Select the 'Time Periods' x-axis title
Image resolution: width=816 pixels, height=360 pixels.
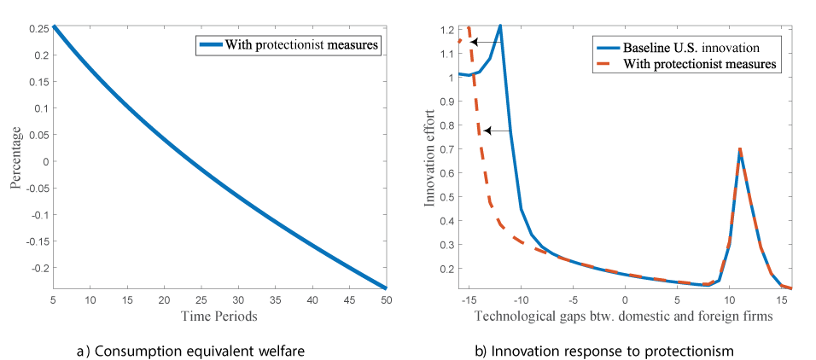pos(219,316)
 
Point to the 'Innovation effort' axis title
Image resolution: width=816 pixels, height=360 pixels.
pos(429,158)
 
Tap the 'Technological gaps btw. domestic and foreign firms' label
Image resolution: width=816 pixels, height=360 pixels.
pos(625,316)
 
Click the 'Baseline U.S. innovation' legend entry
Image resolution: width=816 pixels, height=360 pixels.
pos(691,45)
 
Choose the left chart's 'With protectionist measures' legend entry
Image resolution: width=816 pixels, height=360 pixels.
pos(301,45)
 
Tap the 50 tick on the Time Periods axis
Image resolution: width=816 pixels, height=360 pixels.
pos(384,299)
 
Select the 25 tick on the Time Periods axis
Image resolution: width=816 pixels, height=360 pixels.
pos(200,299)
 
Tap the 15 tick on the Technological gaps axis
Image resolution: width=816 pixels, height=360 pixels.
pos(780,299)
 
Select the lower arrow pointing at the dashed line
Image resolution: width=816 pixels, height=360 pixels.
pos(498,131)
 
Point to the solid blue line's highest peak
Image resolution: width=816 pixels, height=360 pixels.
pos(500,26)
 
